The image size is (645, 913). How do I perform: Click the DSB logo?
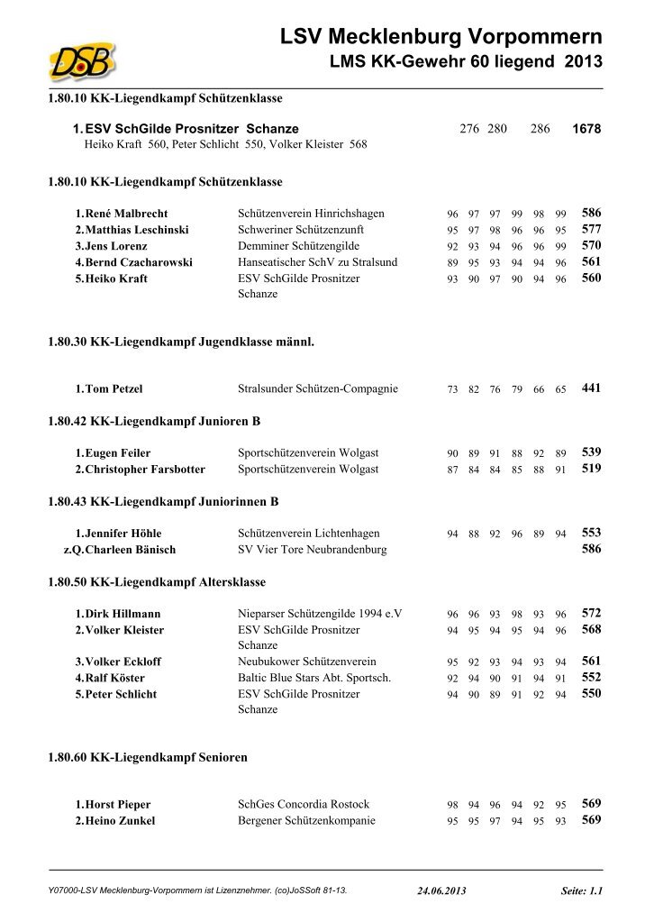click(x=83, y=61)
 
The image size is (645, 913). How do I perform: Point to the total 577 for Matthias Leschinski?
click(x=591, y=230)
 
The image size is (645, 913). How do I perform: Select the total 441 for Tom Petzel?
click(x=591, y=388)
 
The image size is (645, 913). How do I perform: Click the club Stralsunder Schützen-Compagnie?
click(x=317, y=389)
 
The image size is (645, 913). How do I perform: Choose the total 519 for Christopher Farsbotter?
click(x=591, y=469)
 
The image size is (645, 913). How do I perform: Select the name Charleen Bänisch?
click(x=130, y=550)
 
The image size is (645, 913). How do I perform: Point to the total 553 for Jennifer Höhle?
click(x=591, y=533)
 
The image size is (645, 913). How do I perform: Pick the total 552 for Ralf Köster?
click(x=591, y=678)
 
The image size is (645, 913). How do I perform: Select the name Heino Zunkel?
click(x=120, y=821)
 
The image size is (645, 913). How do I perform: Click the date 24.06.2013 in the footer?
click(x=442, y=890)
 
